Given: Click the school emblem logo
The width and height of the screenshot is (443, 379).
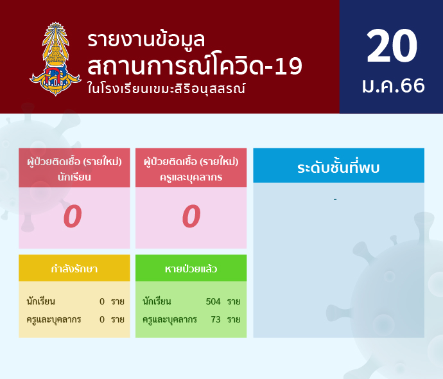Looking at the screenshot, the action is pos(55,59).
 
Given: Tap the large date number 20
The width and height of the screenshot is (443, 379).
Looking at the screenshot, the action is pos(392,46).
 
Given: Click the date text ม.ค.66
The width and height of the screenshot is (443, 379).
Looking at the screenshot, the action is pos(394,85).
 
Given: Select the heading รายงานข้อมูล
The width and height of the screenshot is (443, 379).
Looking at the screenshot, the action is pos(146,40).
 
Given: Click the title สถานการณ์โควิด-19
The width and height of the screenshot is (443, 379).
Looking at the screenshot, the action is pos(195,66).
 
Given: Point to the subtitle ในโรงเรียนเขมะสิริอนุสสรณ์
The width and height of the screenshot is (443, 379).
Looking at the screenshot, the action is pos(166,88).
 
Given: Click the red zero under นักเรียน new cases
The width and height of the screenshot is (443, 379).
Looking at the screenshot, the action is pos(73,216).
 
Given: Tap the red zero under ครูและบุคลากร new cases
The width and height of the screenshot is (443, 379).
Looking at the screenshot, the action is pos(191,216).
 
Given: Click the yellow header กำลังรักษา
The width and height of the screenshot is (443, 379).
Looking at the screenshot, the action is pos(74,269).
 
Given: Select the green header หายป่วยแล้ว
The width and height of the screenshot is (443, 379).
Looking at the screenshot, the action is pos(191,269).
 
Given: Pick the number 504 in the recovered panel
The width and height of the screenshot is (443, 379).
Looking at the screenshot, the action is pos(213,301).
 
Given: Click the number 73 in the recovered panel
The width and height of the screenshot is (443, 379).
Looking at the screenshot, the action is pos(216,319).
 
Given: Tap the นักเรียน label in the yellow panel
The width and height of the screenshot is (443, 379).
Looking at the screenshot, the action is pos(41,301).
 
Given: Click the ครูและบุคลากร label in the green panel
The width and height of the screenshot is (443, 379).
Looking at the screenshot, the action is pos(169,320).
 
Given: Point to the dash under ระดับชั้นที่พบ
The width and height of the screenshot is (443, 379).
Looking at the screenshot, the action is pos(335,200).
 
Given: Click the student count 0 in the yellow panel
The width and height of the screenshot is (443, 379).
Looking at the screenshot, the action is pos(102,301).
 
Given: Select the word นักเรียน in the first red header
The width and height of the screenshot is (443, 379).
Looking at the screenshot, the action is pos(74,177).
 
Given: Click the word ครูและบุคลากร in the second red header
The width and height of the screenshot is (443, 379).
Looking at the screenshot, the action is pos(191,177).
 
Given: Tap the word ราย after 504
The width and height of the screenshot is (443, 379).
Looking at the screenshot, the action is pos(234,302).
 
